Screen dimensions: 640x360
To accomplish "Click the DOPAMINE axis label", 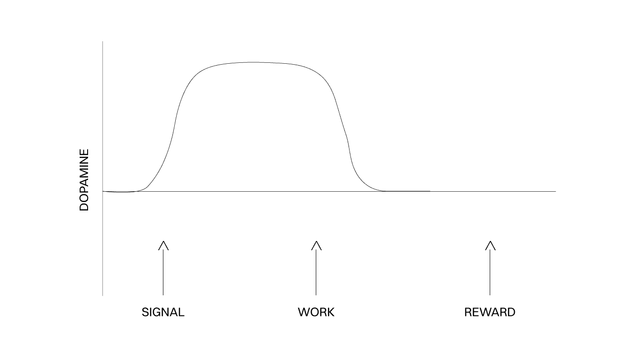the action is point(84,180).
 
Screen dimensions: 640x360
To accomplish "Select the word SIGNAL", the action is point(163,312).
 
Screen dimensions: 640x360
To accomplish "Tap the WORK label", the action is point(316,312).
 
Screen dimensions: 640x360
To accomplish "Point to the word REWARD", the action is point(490,312).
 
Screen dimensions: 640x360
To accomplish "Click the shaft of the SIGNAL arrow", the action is point(163,272).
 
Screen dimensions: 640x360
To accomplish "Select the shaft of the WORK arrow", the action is point(316,272).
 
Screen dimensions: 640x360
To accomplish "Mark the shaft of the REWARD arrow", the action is point(490,272).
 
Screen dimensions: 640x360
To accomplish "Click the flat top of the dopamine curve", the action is point(253,62).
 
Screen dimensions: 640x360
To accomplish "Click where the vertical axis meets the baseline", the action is point(103,191).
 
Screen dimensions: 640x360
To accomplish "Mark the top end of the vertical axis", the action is point(103,42).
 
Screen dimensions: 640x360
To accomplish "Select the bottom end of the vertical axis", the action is point(103,295).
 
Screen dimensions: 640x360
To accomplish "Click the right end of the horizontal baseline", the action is point(555,191).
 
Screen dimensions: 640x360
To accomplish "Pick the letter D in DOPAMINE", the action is point(84,207).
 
